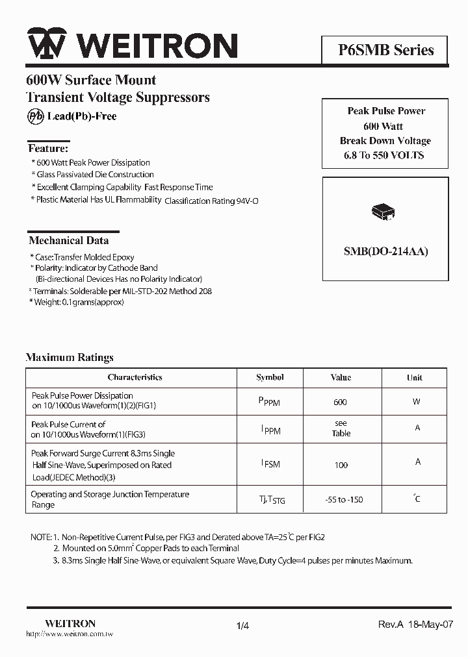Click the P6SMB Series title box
[x=385, y=50]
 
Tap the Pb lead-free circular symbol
[x=34, y=116]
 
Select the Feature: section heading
[x=47, y=149]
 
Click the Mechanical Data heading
[x=68, y=240]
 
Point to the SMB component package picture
[x=383, y=212]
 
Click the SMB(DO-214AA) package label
[x=385, y=252]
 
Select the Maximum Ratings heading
[x=70, y=357]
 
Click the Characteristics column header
[x=135, y=377]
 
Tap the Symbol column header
[x=270, y=377]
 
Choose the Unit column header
[x=415, y=377]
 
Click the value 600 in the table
[x=340, y=402]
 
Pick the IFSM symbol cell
[x=270, y=464]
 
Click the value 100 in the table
[x=341, y=465]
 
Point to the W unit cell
[x=416, y=401]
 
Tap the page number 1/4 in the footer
[x=242, y=625]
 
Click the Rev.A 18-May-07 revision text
[x=415, y=624]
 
